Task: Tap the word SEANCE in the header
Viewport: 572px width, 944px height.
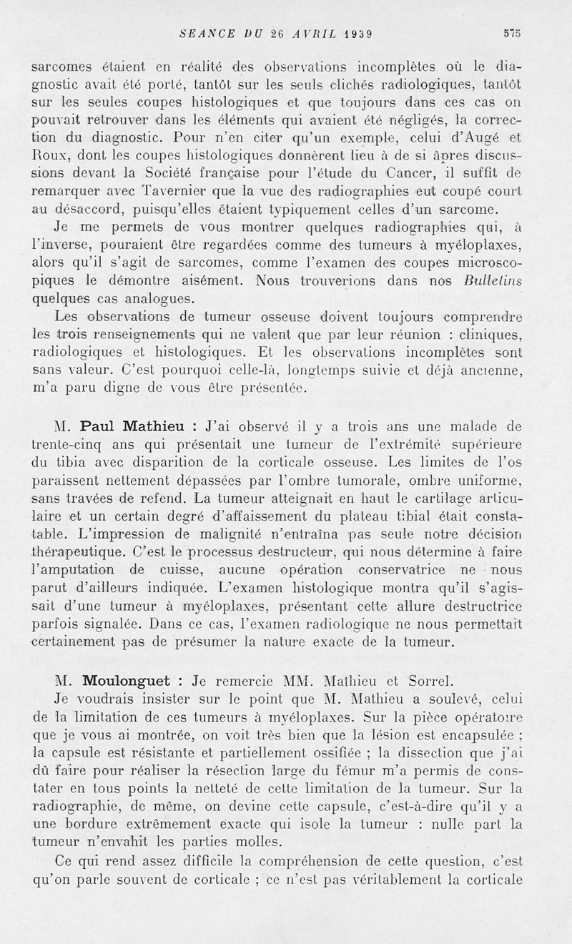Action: tap(204, 33)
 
